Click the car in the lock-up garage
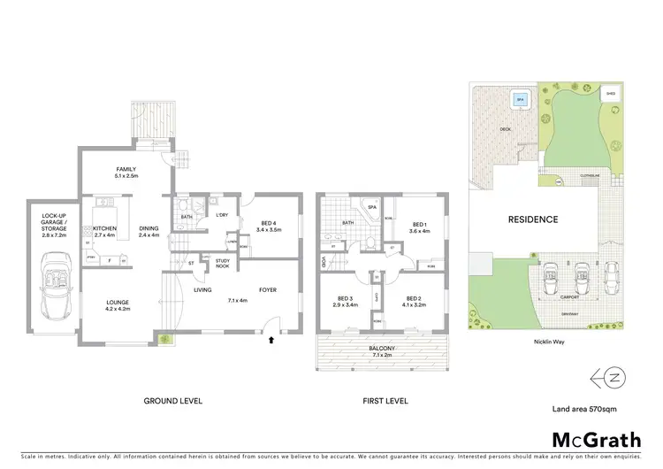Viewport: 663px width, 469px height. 54,275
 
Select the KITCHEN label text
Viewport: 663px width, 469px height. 105,227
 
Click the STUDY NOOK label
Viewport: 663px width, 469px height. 223,264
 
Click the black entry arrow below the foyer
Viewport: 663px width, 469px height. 271,337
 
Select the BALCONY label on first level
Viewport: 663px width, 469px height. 383,348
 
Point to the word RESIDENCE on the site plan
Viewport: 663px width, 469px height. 532,219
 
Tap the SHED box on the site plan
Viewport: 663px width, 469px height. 610,93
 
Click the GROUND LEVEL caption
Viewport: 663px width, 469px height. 173,401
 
